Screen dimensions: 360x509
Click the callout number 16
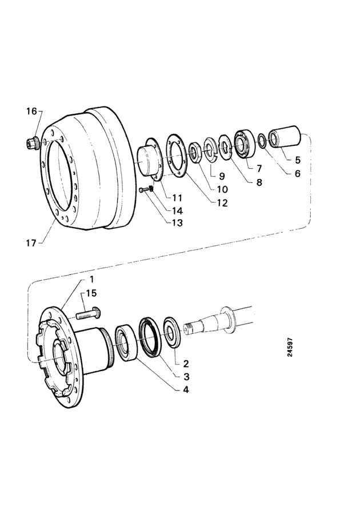31,112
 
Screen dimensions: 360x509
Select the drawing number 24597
290,347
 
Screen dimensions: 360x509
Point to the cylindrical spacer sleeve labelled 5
285,138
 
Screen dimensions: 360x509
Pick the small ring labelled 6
262,140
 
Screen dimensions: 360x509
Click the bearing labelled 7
244,143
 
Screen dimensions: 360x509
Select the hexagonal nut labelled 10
196,152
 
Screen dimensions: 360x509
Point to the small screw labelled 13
142,190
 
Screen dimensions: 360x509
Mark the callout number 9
222,177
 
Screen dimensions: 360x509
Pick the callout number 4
186,389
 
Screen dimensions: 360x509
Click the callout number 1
92,279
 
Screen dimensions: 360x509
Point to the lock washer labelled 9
210,150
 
